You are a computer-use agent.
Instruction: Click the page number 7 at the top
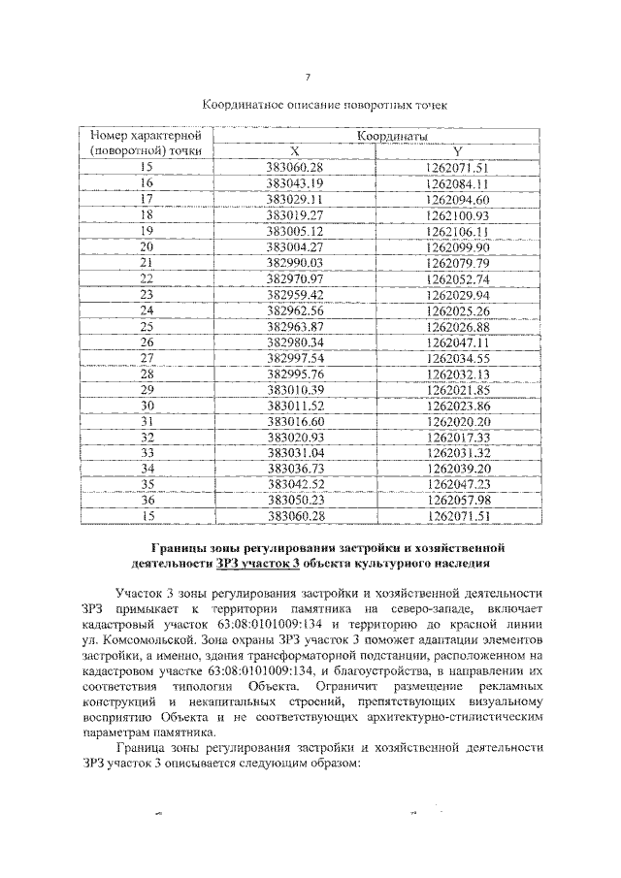pyautogui.click(x=308, y=78)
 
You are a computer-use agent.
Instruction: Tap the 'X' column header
pyautogui.click(x=294, y=151)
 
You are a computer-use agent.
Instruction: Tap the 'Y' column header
pyautogui.click(x=458, y=151)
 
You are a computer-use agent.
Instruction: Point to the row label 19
pyautogui.click(x=147, y=230)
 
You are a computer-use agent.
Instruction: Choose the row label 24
pyautogui.click(x=147, y=309)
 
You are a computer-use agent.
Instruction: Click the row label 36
pyautogui.click(x=147, y=500)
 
